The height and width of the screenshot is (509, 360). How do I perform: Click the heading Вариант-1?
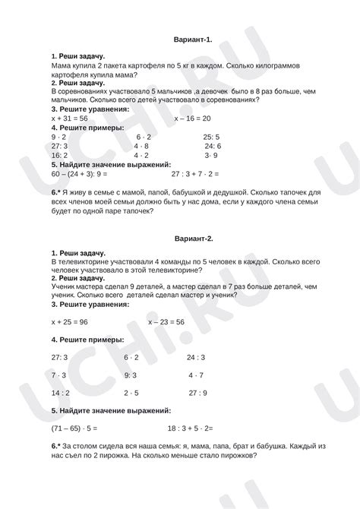coord(193,39)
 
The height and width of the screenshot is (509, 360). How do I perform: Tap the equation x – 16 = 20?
coord(192,119)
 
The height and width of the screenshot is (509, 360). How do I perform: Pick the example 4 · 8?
coord(141,146)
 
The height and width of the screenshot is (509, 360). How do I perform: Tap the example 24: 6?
coord(213,146)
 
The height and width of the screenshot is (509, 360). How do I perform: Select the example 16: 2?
coord(60,155)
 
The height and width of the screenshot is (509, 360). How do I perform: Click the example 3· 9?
coord(212,155)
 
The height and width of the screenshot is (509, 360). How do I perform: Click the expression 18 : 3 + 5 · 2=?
coord(190,428)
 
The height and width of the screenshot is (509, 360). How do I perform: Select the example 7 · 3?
coord(59,375)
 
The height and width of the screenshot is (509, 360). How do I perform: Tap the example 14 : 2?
coord(61,393)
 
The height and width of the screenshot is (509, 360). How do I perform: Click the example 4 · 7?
coord(195,375)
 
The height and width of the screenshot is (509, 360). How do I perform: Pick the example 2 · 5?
coord(131,393)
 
